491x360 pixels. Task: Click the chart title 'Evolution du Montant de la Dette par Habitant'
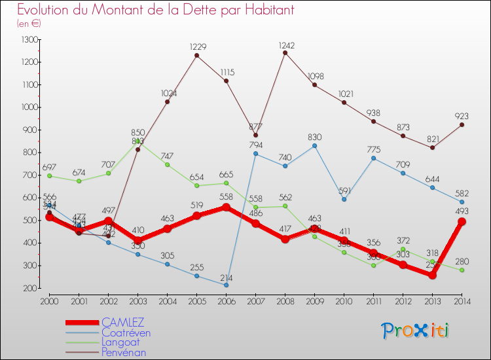[x=156, y=10]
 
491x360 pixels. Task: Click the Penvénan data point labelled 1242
[x=285, y=53]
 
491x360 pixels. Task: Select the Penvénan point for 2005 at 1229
[x=196, y=56]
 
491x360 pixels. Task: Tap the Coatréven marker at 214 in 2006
[x=226, y=285]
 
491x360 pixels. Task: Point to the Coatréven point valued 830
[x=314, y=145]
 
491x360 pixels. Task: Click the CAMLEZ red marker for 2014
[x=462, y=222]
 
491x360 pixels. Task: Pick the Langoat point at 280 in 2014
[x=462, y=270]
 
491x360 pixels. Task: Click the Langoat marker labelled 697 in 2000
[x=49, y=175]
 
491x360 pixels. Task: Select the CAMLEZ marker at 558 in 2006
[x=226, y=207]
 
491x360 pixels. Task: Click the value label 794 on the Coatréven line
[x=255, y=145]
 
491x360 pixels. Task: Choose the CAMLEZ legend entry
[x=123, y=323]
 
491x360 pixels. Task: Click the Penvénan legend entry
[x=124, y=352]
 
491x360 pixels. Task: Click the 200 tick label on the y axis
[x=30, y=288]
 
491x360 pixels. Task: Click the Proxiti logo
[x=416, y=331]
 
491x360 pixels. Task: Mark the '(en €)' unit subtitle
[x=29, y=24]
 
